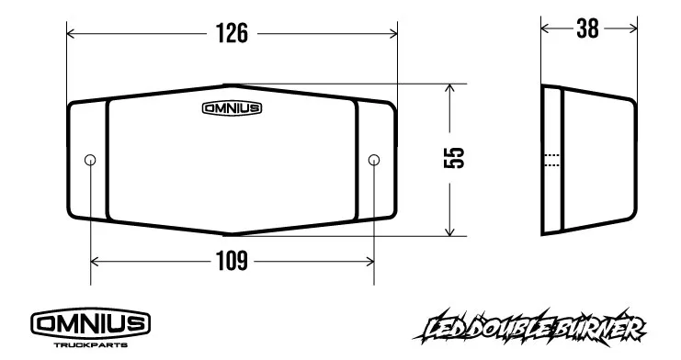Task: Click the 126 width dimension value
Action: click(233, 34)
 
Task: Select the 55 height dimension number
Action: click(455, 159)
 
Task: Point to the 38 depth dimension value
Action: click(587, 29)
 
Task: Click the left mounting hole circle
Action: click(90, 161)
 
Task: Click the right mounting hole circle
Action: click(374, 161)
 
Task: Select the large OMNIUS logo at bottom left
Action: click(91, 323)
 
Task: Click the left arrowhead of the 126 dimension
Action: click(72, 34)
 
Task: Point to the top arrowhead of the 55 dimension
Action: click(450, 88)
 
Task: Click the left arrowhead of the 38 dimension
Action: click(545, 29)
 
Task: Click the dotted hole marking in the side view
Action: click(551, 161)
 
